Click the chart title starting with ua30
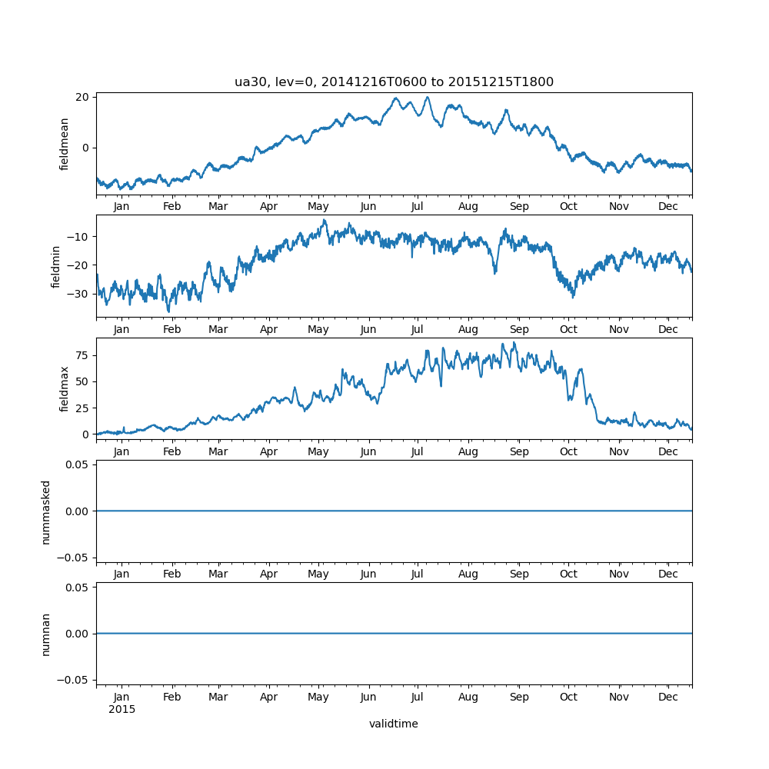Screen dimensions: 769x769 pos(394,82)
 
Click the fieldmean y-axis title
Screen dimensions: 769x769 pos(65,144)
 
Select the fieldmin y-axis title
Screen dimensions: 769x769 pos(56,266)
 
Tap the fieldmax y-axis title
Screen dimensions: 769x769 pos(65,388)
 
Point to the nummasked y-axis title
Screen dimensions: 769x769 pos(46,511)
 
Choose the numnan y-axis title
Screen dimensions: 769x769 pos(46,634)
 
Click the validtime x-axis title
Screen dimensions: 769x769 pos(394,724)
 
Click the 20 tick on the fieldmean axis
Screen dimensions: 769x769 pos(82,97)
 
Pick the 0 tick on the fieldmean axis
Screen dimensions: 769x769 pos(86,148)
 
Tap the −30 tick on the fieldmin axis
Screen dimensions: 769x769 pos(78,293)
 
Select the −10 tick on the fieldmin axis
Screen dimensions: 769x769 pos(78,236)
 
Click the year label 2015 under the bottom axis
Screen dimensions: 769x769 pos(122,709)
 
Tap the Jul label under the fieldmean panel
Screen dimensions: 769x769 pos(417,207)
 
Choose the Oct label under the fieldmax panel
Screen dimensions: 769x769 pos(568,451)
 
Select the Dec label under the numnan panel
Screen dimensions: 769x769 pos(668,697)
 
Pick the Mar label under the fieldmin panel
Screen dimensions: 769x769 pos(218,329)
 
